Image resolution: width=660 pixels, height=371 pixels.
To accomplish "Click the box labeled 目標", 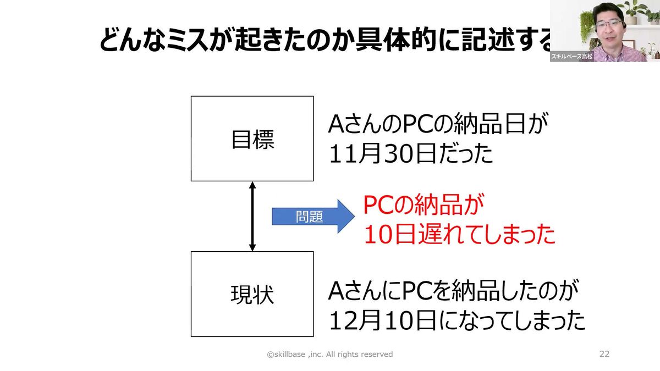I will click(x=252, y=139).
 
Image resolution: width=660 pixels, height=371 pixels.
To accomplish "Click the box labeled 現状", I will click(x=252, y=294).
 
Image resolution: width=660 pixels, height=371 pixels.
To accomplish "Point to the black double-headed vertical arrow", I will click(x=252, y=216).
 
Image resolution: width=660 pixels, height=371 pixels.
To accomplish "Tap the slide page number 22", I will click(x=604, y=354).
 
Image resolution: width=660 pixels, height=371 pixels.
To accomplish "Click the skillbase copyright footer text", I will click(x=330, y=355).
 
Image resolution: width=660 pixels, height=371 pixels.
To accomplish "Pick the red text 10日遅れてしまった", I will click(x=459, y=235).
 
